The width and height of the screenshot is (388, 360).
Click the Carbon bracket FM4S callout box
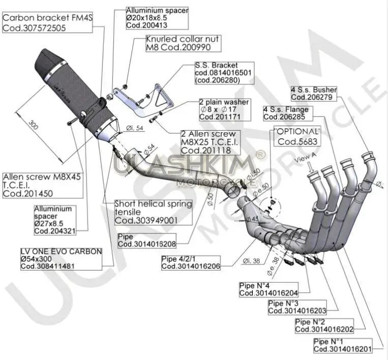click(47, 23)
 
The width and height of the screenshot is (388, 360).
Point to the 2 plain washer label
click(224, 109)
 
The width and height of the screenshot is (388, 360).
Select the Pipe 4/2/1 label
click(191, 262)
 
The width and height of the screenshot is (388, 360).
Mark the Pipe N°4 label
click(268, 289)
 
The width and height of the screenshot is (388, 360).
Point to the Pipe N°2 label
click(324, 325)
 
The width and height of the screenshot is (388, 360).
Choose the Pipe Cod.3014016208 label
click(146, 240)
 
